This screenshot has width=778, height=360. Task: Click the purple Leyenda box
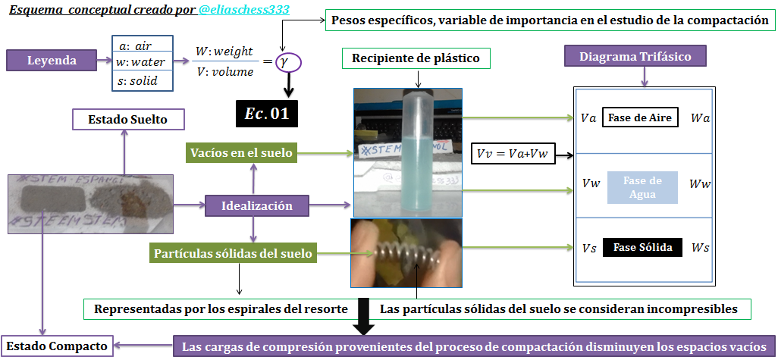click(x=52, y=61)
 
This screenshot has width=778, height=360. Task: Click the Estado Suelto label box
click(x=127, y=119)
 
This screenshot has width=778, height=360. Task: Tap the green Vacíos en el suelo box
click(x=240, y=153)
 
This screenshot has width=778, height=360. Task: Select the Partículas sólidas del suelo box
click(x=232, y=253)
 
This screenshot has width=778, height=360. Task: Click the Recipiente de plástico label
click(x=416, y=58)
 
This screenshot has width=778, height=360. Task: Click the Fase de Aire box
click(x=640, y=118)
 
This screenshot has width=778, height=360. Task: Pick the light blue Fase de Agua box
click(x=642, y=186)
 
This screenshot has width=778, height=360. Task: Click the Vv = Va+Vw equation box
click(x=513, y=153)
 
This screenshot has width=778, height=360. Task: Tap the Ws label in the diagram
click(x=701, y=248)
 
